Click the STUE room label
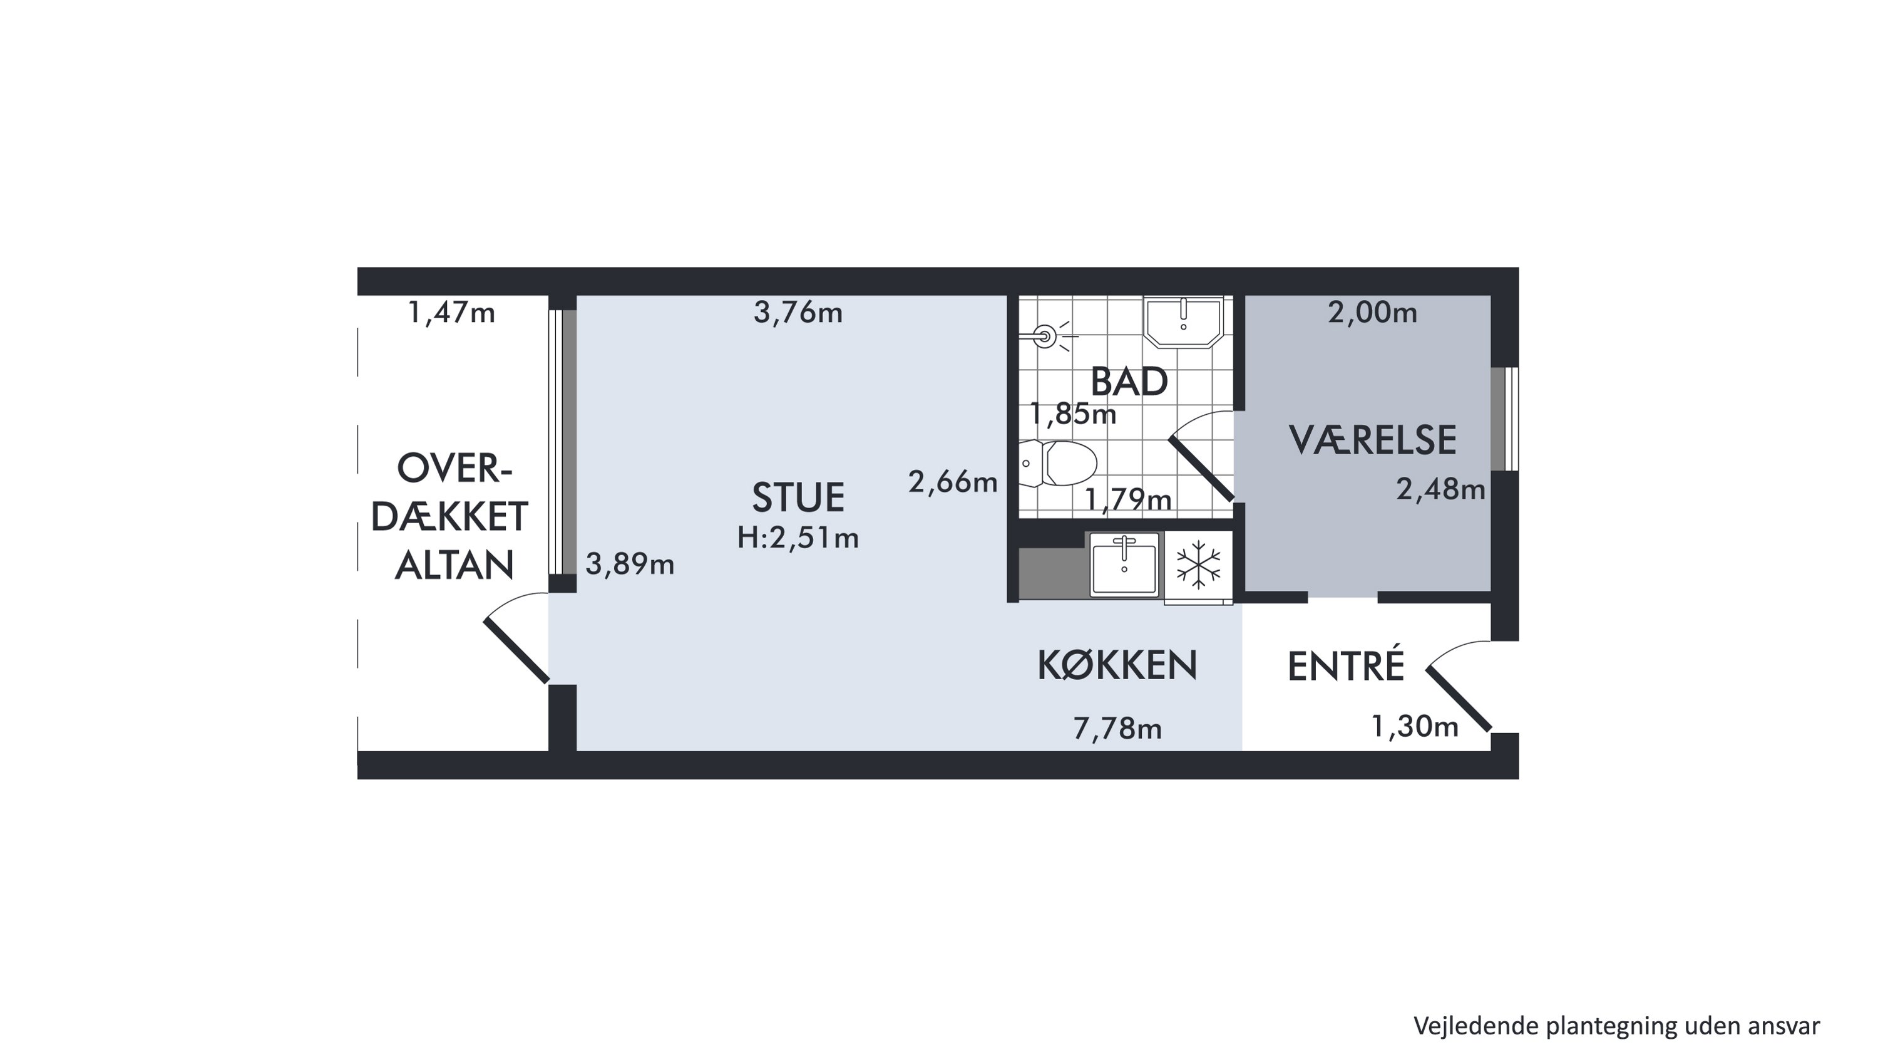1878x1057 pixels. click(798, 497)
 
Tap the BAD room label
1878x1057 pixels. click(1129, 382)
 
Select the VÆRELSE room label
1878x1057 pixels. click(1372, 440)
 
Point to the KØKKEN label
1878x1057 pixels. click(1117, 665)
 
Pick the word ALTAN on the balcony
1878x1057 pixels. click(454, 565)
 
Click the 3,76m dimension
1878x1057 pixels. click(798, 313)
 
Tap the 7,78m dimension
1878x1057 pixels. click(1117, 729)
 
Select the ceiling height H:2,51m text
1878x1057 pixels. click(798, 538)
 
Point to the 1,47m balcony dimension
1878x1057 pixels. click(451, 313)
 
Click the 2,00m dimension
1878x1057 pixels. click(1372, 313)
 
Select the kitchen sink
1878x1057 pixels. click(1124, 564)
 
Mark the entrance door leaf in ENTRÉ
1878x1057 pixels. click(1459, 699)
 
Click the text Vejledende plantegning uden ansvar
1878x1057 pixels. click(1616, 1026)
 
